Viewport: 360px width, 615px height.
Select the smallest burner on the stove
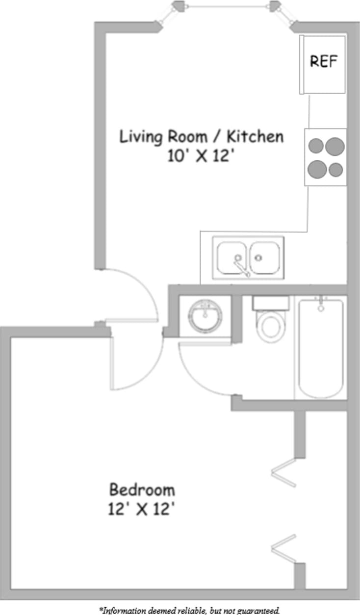[336, 170]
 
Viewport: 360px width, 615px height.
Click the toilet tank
[270, 303]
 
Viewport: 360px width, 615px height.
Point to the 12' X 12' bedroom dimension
[142, 509]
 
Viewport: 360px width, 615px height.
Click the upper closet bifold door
[283, 472]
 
